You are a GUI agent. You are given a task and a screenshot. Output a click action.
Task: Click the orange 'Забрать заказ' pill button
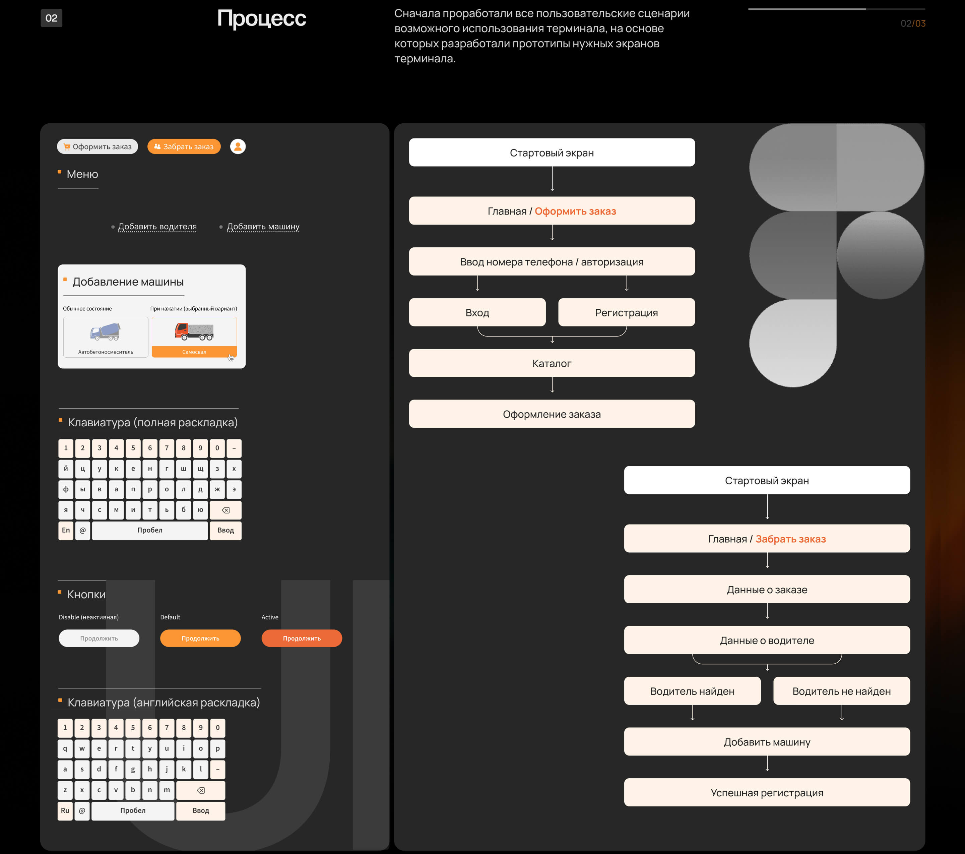(184, 146)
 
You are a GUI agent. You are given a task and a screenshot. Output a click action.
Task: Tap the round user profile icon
(238, 146)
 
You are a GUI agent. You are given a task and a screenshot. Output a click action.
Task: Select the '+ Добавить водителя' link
(153, 227)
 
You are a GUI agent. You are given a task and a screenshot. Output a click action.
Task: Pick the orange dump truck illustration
(194, 331)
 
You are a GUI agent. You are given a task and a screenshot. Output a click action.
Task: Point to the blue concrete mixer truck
(106, 331)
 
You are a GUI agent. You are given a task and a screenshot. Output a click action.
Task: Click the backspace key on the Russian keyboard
(226, 510)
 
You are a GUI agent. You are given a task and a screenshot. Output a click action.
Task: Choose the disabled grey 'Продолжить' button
(99, 638)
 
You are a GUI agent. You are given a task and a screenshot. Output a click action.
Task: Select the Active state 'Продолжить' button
(302, 638)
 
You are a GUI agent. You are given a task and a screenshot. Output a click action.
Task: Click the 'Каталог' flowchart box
(552, 363)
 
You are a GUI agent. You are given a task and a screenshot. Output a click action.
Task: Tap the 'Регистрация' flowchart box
(627, 312)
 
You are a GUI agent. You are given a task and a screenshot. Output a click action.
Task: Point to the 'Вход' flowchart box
(477, 312)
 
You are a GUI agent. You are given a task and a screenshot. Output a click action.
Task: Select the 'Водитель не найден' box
(842, 691)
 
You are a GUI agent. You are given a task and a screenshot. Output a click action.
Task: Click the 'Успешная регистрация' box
(767, 793)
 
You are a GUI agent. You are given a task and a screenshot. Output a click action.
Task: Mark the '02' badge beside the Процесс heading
(52, 18)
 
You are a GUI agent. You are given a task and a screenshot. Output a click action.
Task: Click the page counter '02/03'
(913, 23)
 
